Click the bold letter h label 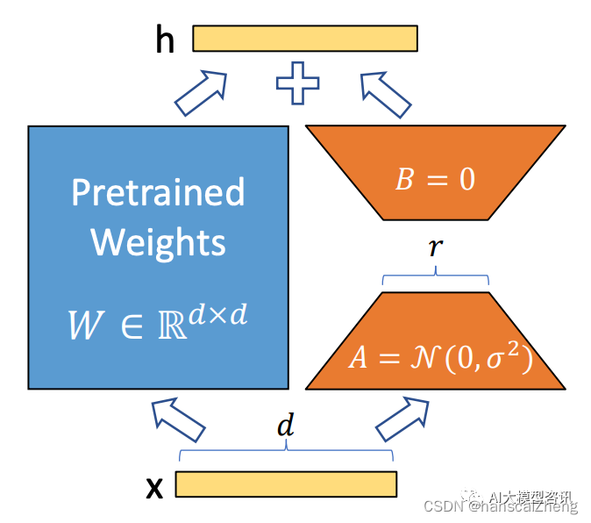point(165,40)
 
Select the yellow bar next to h point(305,39)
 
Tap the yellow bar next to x point(286,484)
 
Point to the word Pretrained point(158,192)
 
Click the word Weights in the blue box point(158,241)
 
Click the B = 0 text point(435,179)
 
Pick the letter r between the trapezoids point(435,247)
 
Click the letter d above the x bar point(285,427)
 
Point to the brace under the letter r point(436,279)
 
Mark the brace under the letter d point(286,453)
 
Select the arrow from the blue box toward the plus point(201,93)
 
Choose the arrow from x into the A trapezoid point(403,419)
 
